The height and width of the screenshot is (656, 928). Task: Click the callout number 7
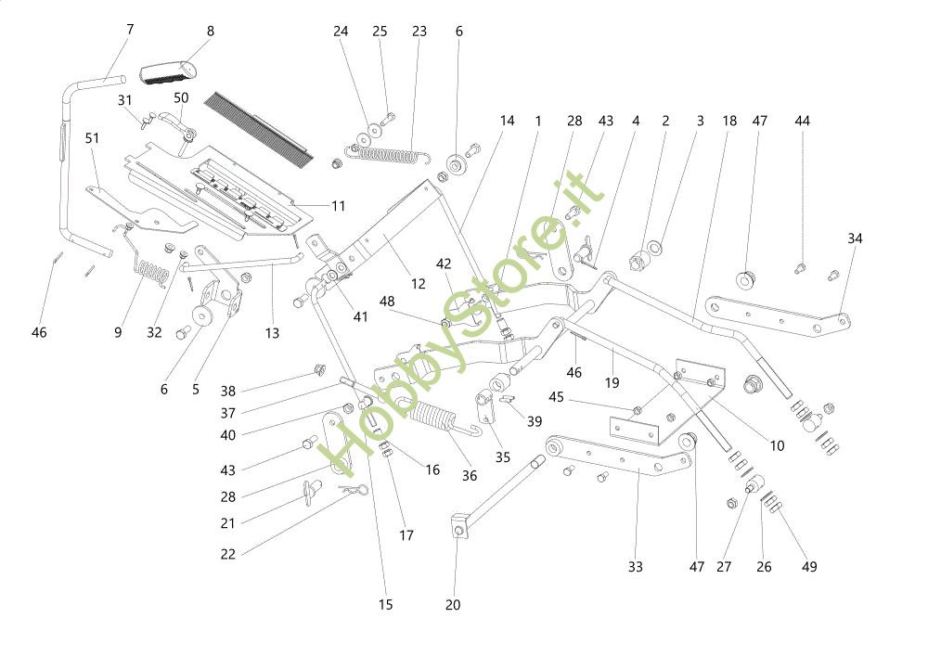[130, 30]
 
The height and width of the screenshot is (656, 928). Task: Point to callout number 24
[341, 32]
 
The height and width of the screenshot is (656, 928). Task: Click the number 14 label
[507, 121]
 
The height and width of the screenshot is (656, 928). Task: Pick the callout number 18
[729, 121]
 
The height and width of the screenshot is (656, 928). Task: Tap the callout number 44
[802, 121]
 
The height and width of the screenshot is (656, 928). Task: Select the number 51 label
[92, 137]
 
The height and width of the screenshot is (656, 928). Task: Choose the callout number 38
[228, 391]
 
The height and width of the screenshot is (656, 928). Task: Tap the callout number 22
[228, 555]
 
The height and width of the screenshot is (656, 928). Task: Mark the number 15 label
[385, 605]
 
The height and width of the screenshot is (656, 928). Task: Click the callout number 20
[453, 605]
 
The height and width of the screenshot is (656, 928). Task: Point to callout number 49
[809, 566]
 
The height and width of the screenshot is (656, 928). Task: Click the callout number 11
[338, 206]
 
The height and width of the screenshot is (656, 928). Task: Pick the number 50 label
[181, 96]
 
